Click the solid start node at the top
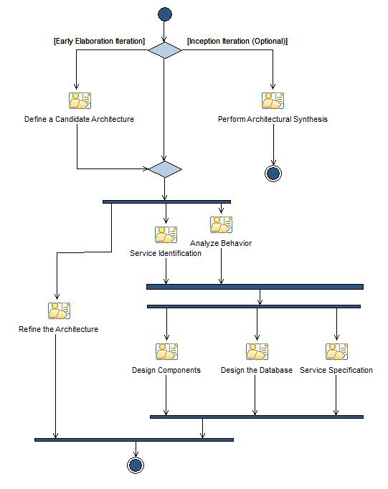pyautogui.click(x=165, y=14)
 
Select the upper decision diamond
pyautogui.click(x=165, y=50)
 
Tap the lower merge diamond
pyautogui.click(x=165, y=169)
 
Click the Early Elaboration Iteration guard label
pyautogui.click(x=100, y=42)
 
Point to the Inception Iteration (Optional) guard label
pyautogui.click(x=237, y=42)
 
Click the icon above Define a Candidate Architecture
pyautogui.click(x=79, y=100)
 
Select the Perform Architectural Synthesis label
pyautogui.click(x=273, y=119)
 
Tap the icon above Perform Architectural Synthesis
pyautogui.click(x=273, y=100)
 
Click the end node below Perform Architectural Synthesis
pyautogui.click(x=273, y=173)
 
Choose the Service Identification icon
pyautogui.click(x=166, y=234)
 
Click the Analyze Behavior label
pyautogui.click(x=221, y=243)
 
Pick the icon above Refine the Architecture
pyautogui.click(x=59, y=310)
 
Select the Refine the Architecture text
pyautogui.click(x=59, y=329)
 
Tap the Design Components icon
pyautogui.click(x=166, y=351)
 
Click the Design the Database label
pyautogui.click(x=256, y=370)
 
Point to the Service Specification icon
pyautogui.click(x=336, y=351)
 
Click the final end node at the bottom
pyautogui.click(x=135, y=465)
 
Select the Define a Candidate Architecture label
pyautogui.click(x=79, y=119)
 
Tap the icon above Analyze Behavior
pyautogui.click(x=221, y=225)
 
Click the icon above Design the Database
pyautogui.click(x=256, y=351)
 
